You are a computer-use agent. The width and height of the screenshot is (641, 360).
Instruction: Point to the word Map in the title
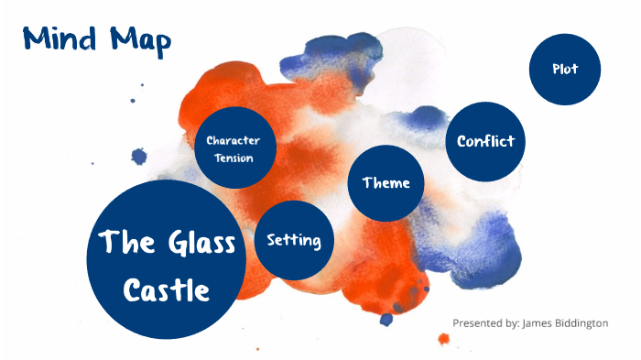click(137, 40)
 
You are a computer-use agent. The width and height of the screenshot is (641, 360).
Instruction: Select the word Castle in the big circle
click(167, 291)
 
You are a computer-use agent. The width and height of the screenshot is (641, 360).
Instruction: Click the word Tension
click(234, 158)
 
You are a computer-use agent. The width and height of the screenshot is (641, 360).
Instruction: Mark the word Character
click(234, 140)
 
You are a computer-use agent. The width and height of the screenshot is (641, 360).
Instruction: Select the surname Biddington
click(583, 322)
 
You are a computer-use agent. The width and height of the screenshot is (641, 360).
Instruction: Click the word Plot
click(565, 69)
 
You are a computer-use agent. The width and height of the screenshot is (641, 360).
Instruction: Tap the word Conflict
click(485, 141)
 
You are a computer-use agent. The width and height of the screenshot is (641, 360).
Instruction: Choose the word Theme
click(386, 182)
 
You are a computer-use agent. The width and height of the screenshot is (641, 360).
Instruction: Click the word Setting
click(293, 240)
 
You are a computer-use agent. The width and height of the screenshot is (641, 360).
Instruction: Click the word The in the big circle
click(124, 243)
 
